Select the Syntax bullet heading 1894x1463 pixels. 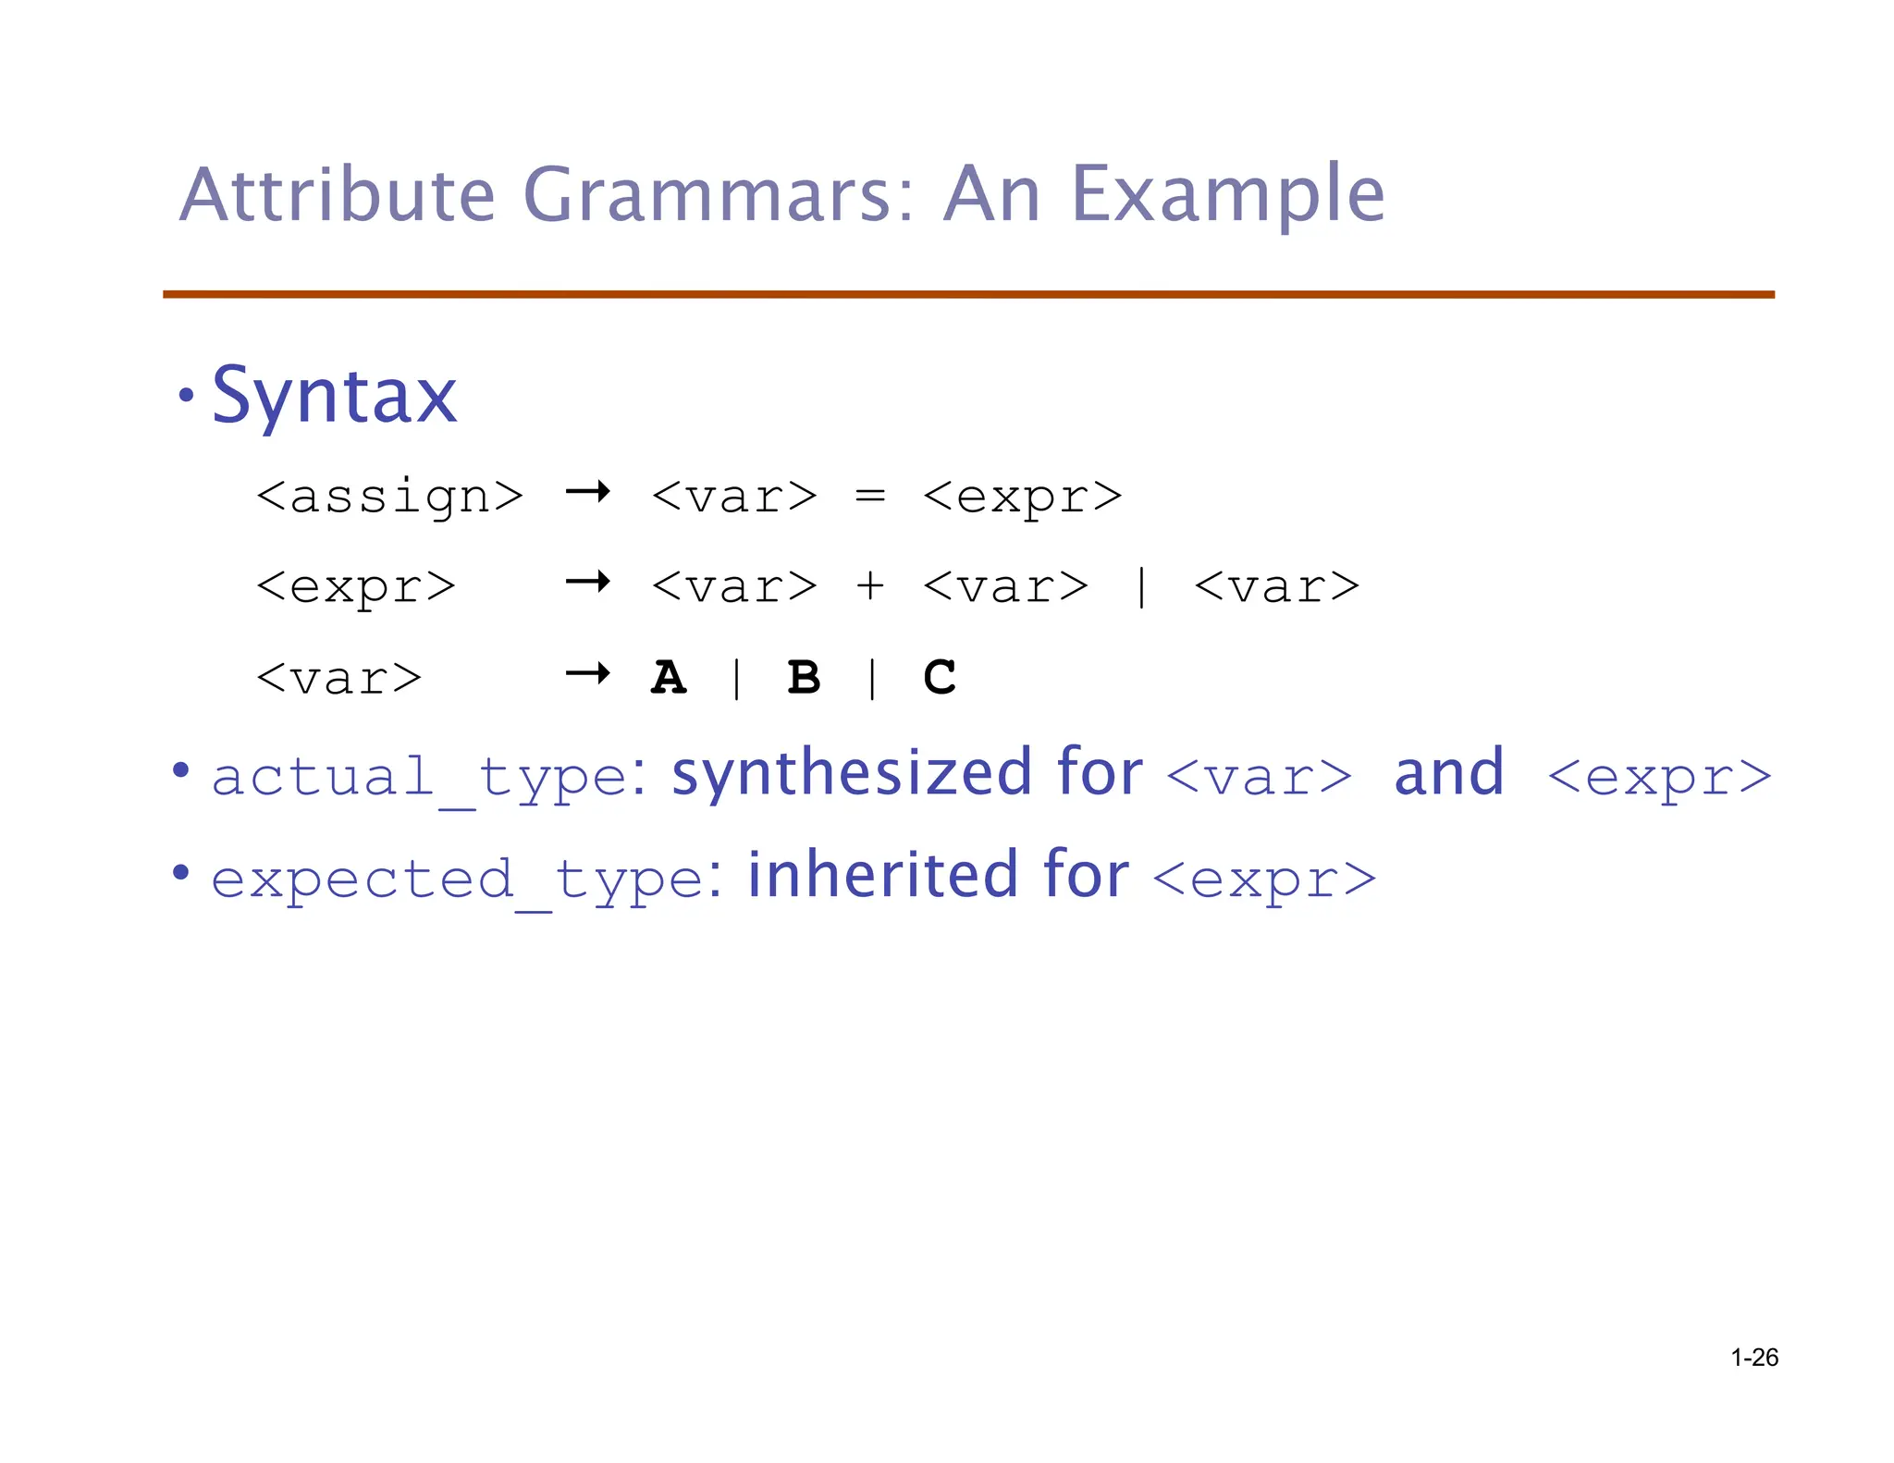(x=334, y=396)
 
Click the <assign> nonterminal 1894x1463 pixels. (x=389, y=497)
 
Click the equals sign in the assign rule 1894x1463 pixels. (x=870, y=497)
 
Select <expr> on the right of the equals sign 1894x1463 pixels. (x=1023, y=497)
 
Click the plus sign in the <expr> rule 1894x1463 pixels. (x=870, y=586)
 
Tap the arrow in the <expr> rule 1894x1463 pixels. (x=588, y=582)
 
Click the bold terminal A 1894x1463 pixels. (x=669, y=677)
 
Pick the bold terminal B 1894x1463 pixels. (x=804, y=677)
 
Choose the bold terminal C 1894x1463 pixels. (x=940, y=677)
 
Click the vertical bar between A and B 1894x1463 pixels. (x=736, y=678)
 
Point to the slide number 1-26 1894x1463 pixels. (x=1754, y=1358)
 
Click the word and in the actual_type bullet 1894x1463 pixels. (x=1449, y=773)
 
